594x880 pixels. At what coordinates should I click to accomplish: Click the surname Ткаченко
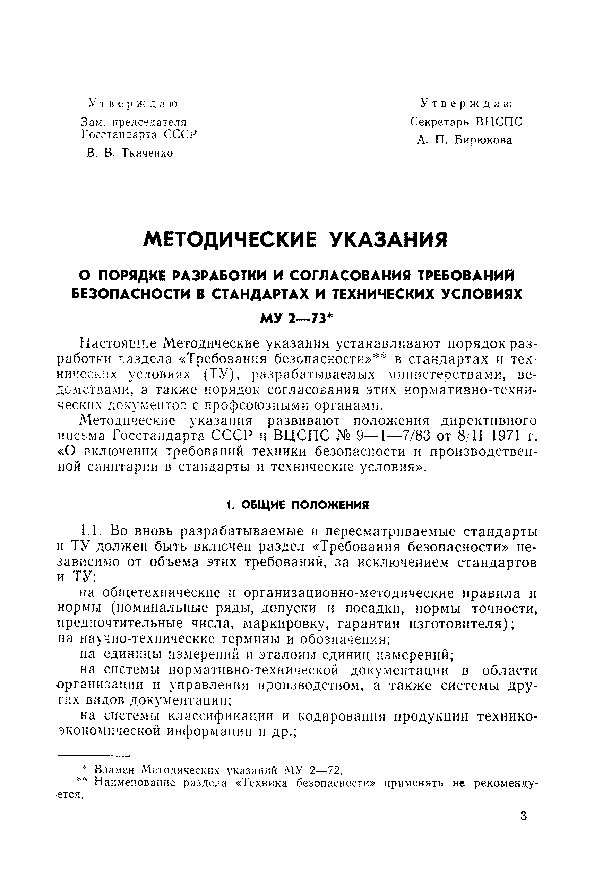(147, 153)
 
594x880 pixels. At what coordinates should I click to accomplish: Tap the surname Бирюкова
(483, 140)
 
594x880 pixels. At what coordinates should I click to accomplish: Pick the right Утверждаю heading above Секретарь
(467, 103)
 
